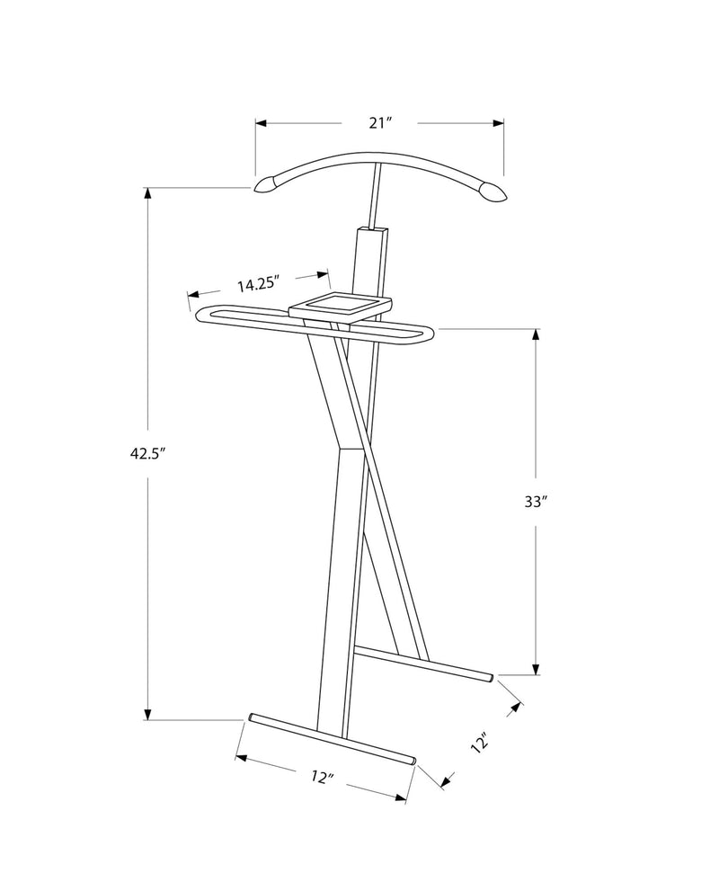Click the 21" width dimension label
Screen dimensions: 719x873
381,122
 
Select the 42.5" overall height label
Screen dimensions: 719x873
148,453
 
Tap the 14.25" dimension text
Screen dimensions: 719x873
258,284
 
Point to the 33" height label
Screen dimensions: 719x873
537,502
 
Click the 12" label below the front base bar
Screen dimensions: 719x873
323,777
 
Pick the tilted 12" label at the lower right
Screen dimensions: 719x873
480,744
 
